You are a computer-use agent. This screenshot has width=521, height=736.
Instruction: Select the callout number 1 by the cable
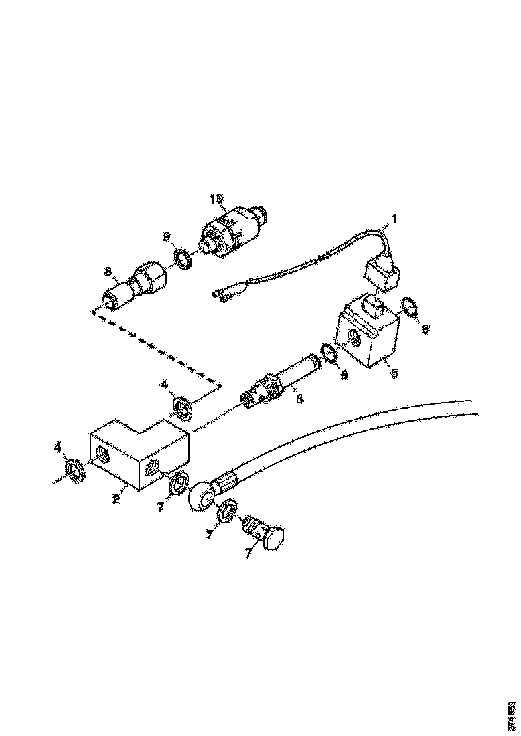coord(394,218)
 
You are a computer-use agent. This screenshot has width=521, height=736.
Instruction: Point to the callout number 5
coord(394,374)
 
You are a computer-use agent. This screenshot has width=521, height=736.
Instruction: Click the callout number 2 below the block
coord(115,498)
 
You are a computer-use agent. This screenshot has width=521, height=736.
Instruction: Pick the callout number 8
coord(299,399)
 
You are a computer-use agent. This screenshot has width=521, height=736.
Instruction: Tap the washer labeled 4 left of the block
coord(76,470)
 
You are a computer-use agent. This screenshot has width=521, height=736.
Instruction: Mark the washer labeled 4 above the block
coord(180,406)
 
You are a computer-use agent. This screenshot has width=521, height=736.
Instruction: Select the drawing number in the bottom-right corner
coord(510,714)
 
